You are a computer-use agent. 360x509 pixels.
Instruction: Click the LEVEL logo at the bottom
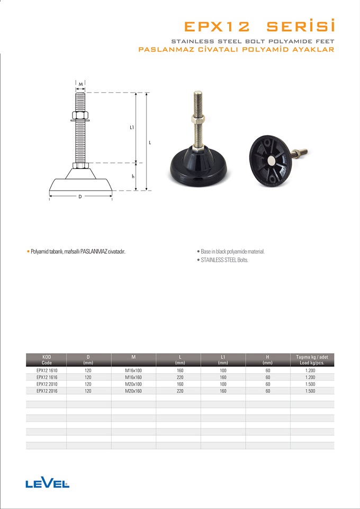tap(47, 484)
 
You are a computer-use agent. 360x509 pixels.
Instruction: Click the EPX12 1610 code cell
tap(47, 370)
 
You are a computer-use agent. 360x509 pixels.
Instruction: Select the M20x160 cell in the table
tap(133, 391)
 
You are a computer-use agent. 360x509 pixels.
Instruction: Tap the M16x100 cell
tap(133, 370)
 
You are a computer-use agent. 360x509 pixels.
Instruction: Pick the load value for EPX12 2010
tap(310, 385)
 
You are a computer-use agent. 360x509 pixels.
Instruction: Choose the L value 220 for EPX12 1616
tap(180, 378)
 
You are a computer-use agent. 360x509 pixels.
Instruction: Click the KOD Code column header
tap(47, 360)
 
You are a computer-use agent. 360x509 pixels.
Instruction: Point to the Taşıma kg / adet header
tap(312, 357)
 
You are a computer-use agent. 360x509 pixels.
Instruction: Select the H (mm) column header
tap(267, 360)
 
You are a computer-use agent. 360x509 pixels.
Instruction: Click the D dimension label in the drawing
tap(80, 197)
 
